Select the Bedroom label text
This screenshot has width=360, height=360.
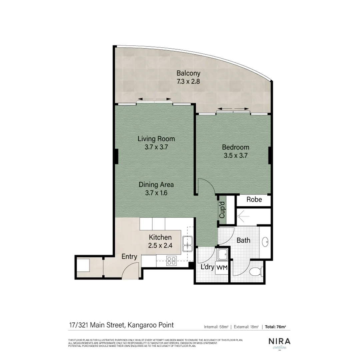click(x=236, y=147)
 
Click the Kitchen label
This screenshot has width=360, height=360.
click(x=160, y=237)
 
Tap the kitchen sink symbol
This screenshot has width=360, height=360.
click(x=187, y=243)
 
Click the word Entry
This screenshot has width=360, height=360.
click(x=129, y=257)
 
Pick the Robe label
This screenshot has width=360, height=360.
click(x=254, y=200)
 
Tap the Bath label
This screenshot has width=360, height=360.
click(x=243, y=240)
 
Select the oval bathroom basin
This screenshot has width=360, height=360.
click(x=266, y=242)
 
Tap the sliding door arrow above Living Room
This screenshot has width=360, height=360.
click(x=155, y=99)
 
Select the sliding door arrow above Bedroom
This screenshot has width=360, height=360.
click(x=233, y=109)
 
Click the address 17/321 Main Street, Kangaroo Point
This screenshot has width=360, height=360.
click(x=121, y=325)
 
